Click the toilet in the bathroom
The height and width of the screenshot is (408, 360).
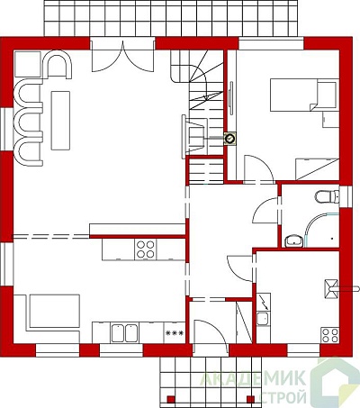(327, 196)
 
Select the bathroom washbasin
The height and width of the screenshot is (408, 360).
(293, 240)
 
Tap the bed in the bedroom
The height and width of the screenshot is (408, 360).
(303, 95)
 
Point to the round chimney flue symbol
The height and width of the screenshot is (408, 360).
(230, 139)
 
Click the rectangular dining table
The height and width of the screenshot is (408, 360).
(60, 121)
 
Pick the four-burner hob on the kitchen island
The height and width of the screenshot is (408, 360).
(146, 249)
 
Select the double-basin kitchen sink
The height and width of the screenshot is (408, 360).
(124, 333)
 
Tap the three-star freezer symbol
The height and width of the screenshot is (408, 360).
(175, 332)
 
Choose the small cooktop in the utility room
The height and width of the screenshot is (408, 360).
(329, 335)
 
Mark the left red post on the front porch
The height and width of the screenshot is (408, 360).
(171, 399)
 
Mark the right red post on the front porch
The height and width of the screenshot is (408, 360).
(250, 399)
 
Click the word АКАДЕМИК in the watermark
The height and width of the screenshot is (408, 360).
(253, 378)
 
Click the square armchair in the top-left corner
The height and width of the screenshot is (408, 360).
(28, 64)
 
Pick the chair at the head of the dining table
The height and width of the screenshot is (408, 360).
(58, 63)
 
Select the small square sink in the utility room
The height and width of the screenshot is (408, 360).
(263, 319)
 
